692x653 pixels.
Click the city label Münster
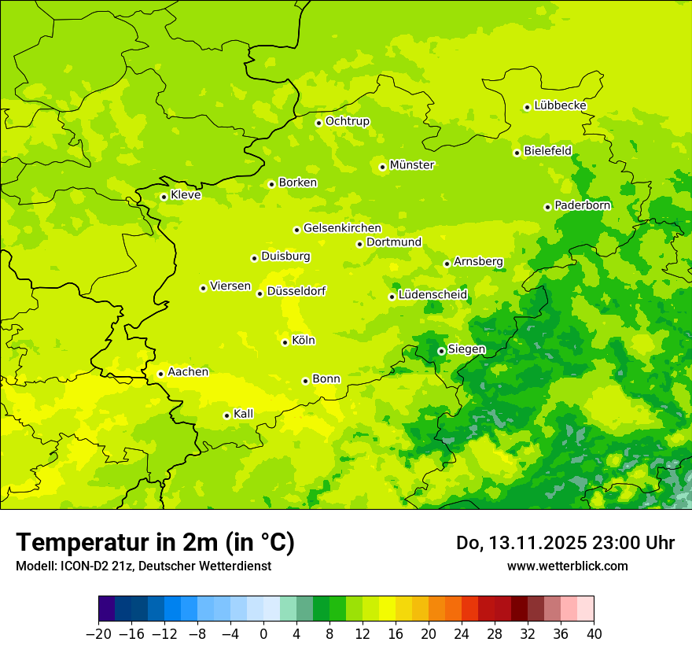tap(412, 165)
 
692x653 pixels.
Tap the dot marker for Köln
tap(285, 342)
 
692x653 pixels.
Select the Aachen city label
tap(188, 372)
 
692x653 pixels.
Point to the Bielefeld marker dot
tap(517, 153)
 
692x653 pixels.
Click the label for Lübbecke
tap(560, 105)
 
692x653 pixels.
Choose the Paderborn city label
tap(582, 205)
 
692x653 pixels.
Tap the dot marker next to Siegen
tap(441, 351)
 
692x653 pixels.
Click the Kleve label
tap(186, 195)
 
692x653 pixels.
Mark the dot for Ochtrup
tap(318, 123)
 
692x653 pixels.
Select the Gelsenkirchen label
tap(342, 228)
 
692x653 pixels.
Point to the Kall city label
tap(244, 414)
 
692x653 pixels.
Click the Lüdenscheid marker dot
tap(392, 297)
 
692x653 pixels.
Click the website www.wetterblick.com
tap(567, 566)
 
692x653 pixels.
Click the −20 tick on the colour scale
tap(98, 634)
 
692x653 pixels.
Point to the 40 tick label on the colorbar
tap(594, 634)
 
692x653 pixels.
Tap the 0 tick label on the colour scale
tap(263, 634)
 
